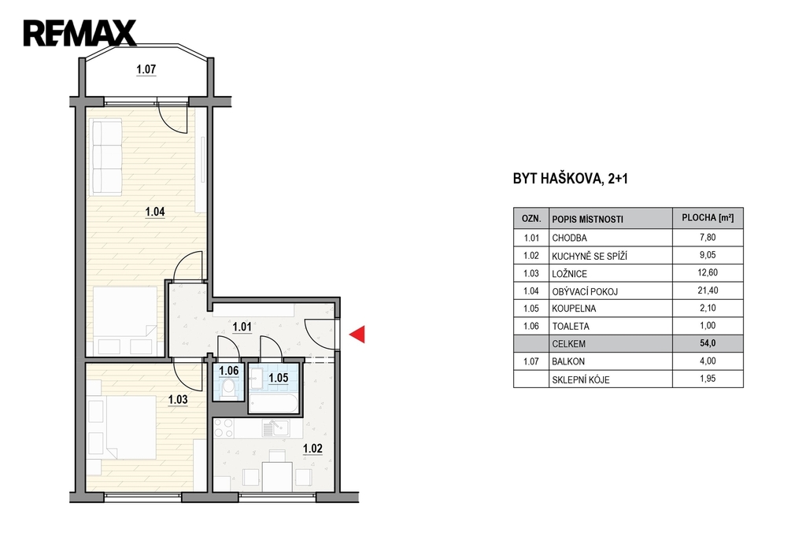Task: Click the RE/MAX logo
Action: coord(79,33)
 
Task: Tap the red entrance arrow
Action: coord(357,335)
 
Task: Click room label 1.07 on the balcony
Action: coord(146,69)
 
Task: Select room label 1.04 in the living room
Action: coord(155,212)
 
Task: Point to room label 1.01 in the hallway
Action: coord(242,327)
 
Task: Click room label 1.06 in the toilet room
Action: coord(229,371)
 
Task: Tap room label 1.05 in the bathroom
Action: coord(279,378)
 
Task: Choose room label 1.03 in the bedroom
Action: coord(178,399)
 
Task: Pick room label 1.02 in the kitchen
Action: coord(312,449)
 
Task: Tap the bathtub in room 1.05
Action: coord(273,403)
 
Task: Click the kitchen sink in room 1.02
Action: coord(276,427)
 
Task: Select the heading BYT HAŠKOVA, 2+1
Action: coord(571,179)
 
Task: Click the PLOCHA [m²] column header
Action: coord(708,218)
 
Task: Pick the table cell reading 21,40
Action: coord(708,290)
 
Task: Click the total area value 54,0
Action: coord(708,343)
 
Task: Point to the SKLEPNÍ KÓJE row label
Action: coord(581,380)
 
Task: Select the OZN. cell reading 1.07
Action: coord(531,361)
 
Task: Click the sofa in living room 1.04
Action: coord(105,157)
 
